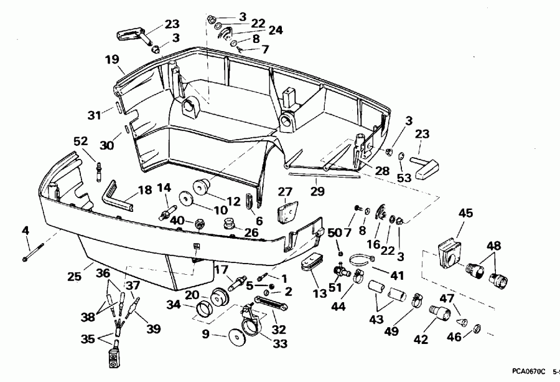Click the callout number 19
112,60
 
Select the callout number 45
465,213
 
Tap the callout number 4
26,231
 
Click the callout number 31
93,115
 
